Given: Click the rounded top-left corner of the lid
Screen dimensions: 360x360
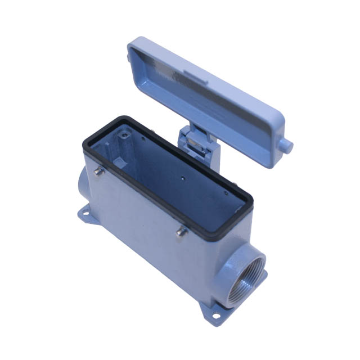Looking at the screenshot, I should (x=133, y=44).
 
